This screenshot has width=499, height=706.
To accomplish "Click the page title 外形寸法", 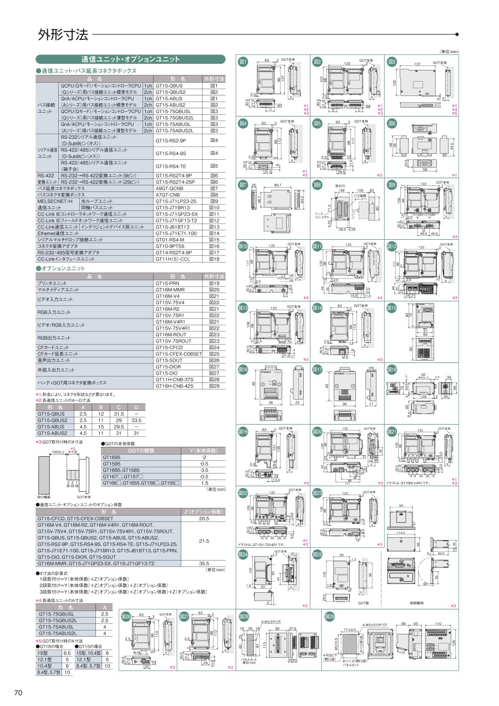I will pos(63,35).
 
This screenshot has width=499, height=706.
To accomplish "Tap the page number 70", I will pos(18,692).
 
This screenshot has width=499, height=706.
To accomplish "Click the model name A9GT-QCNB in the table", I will pos(170,189).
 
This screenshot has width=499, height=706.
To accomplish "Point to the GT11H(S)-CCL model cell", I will pos(172,259).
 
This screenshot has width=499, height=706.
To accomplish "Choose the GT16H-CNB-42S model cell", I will pos(175,386).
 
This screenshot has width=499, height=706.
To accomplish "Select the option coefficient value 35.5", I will pos(203,563).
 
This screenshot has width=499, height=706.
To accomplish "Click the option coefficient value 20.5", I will pos(203,518).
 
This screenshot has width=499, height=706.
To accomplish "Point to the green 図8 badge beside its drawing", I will pos(318,185).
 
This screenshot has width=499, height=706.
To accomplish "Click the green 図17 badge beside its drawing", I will pos(318,369).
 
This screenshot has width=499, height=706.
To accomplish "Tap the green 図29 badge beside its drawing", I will pos(330,617).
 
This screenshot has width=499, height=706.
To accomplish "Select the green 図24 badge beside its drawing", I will pos(243,554).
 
